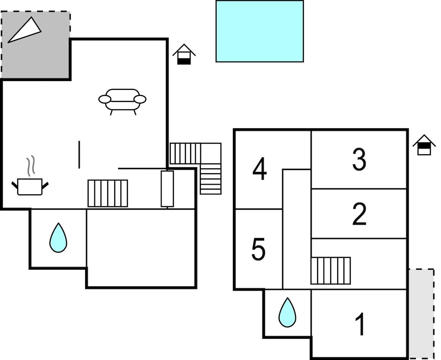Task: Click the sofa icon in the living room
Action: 122,101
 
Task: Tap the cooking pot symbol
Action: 30,186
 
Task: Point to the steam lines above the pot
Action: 31,166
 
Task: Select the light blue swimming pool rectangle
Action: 260,31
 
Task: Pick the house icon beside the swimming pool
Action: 184,54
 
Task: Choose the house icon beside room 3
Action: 424,145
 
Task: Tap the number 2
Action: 359,214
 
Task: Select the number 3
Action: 359,160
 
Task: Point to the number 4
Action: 259,169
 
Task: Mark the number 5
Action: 258,249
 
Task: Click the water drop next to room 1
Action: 287,312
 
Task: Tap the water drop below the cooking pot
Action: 58,238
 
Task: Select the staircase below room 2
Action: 330,271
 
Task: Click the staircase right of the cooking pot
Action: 108,193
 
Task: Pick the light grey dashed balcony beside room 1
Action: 421,314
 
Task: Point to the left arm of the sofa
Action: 105,99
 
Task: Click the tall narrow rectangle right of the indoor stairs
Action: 167,189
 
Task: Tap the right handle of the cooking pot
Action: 45,185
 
